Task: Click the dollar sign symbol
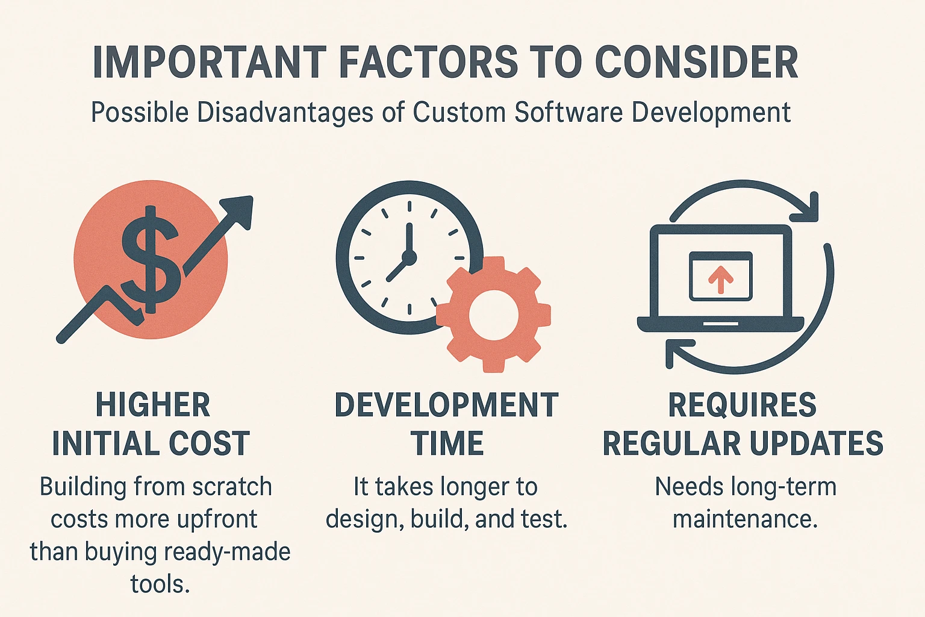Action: point(151,260)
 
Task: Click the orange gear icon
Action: point(493,314)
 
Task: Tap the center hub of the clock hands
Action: point(409,258)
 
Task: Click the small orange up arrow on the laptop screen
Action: point(720,279)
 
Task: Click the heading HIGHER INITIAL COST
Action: point(151,424)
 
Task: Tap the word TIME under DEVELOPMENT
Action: point(447,444)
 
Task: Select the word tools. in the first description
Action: point(160,584)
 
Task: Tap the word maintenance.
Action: point(745,519)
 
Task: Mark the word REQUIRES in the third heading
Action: point(742,405)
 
